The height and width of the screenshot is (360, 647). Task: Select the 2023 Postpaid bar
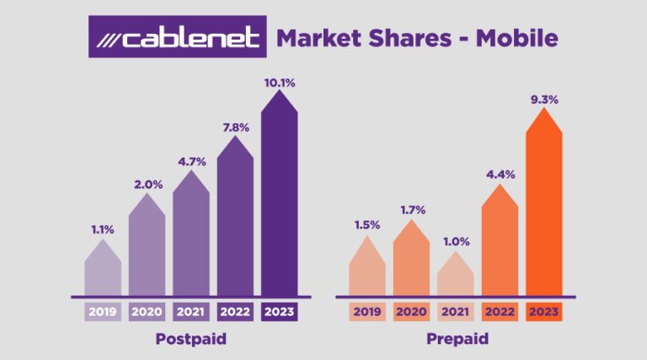pyautogui.click(x=280, y=202)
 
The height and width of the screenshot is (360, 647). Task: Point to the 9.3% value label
pyautogui.click(x=543, y=99)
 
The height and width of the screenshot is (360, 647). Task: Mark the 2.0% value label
pyautogui.click(x=147, y=184)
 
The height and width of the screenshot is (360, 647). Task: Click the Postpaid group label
pyautogui.click(x=191, y=339)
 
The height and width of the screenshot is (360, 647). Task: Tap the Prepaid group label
pyautogui.click(x=456, y=339)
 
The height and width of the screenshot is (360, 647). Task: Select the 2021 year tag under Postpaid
pyautogui.click(x=191, y=311)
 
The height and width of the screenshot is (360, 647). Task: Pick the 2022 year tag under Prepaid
pyautogui.click(x=500, y=311)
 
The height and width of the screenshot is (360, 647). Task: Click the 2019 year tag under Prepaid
pyautogui.click(x=367, y=311)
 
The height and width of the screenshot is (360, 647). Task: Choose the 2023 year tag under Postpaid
pyautogui.click(x=280, y=311)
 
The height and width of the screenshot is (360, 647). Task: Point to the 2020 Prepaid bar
pyautogui.click(x=412, y=261)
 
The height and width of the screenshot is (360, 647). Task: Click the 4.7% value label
pyautogui.click(x=191, y=160)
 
